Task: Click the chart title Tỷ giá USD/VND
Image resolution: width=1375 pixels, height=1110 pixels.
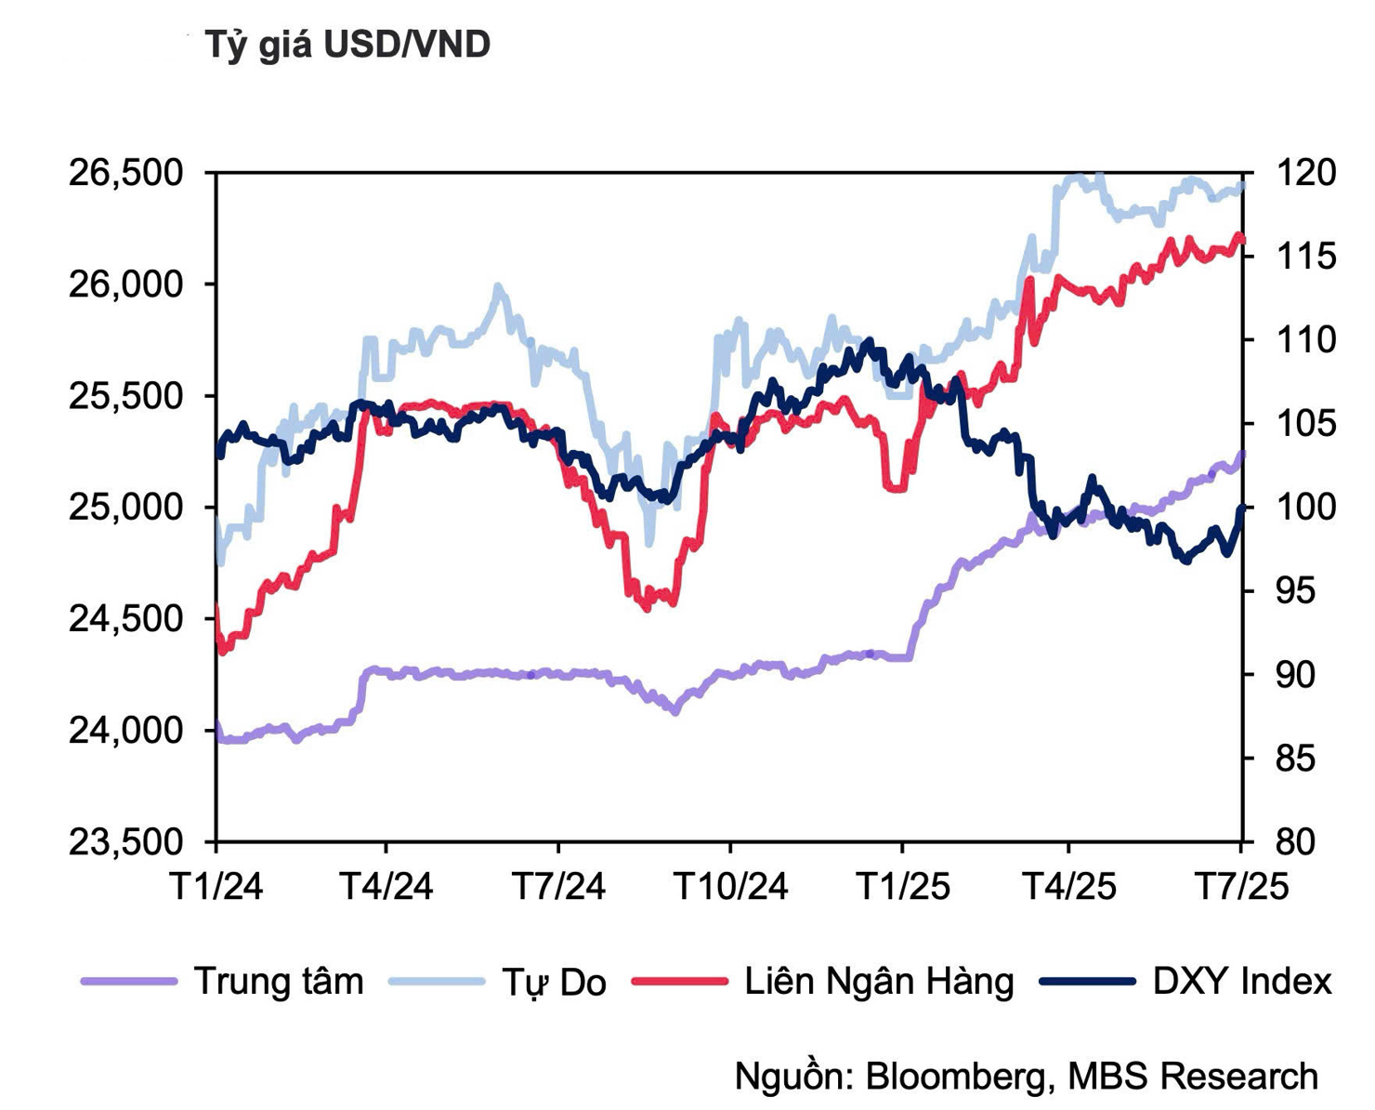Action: (347, 45)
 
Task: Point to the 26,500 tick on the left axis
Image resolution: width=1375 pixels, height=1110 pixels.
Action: (126, 173)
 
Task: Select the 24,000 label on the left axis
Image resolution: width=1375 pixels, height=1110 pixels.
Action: (126, 731)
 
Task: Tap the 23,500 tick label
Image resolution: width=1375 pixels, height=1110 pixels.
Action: (126, 842)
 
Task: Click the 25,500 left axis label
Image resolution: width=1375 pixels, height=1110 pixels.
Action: (126, 396)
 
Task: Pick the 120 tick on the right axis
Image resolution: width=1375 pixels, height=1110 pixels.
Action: (1306, 173)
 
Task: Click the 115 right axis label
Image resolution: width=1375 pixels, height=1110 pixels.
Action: (1306, 257)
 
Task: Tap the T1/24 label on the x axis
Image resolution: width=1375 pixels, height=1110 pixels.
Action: (216, 887)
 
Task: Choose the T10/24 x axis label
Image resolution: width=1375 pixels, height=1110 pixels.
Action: (730, 887)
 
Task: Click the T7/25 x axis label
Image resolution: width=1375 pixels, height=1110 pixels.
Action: (1241, 887)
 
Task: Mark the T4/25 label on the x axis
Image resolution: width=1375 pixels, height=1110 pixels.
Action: (1068, 887)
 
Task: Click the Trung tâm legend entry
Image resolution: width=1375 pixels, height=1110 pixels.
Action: (279, 982)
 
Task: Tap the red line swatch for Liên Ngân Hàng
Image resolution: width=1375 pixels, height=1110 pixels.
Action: (679, 982)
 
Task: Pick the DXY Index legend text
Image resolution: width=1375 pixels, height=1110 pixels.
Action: (1242, 982)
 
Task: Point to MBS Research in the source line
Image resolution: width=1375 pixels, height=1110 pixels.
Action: (1193, 1077)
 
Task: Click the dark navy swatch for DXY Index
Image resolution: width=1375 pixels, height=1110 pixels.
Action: (1087, 982)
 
